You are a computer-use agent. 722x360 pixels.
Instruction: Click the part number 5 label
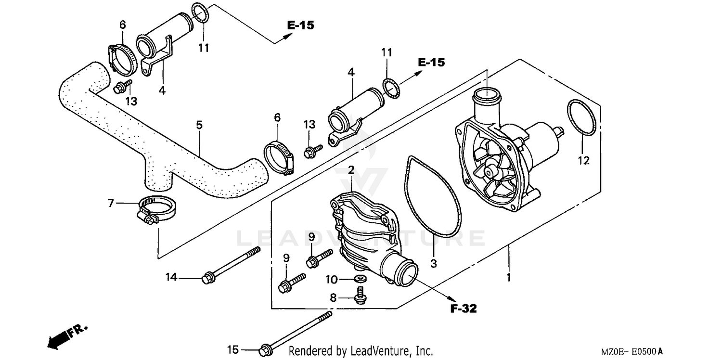[x=199, y=125]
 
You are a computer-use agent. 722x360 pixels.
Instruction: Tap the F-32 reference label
[x=463, y=309]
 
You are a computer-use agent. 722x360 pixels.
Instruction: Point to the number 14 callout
[x=171, y=277]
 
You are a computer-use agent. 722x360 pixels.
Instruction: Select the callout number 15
[x=233, y=350]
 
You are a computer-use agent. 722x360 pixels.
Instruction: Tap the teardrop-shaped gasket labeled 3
[x=433, y=195]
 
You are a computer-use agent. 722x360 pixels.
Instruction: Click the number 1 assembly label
[x=508, y=278]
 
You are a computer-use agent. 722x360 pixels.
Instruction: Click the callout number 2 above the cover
[x=351, y=170]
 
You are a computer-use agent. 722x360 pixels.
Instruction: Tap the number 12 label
[x=583, y=161]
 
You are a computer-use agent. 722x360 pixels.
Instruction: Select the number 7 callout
[x=111, y=204]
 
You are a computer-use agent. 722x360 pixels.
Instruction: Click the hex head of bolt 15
[x=264, y=350]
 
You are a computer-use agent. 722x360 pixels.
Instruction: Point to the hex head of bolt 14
[x=208, y=278]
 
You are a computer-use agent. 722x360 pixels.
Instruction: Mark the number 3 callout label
[x=433, y=263]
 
